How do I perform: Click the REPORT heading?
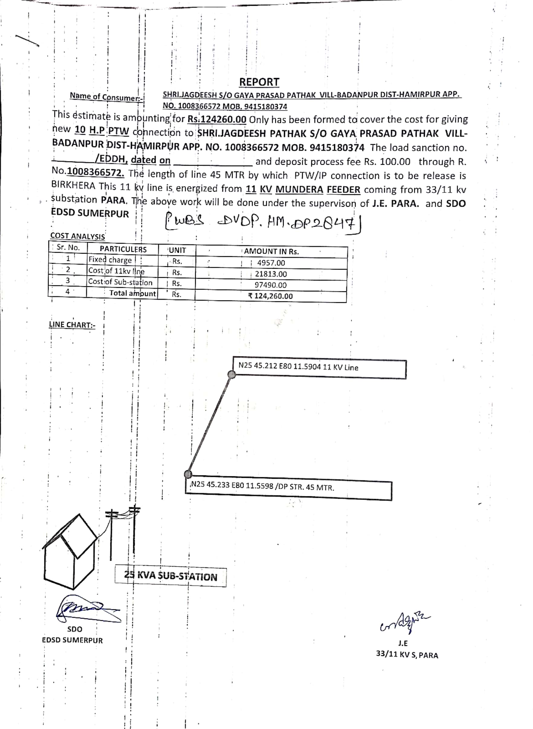click(x=259, y=82)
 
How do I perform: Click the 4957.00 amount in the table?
click(x=271, y=263)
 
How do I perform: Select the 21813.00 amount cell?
click(x=271, y=274)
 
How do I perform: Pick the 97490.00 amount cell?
click(x=270, y=285)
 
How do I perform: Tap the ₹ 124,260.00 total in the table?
click(x=270, y=296)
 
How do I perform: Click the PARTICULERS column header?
click(x=123, y=249)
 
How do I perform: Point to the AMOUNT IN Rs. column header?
click(x=271, y=251)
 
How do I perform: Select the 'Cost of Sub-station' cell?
click(x=120, y=282)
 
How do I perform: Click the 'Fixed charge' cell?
click(x=110, y=260)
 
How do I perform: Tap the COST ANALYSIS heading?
click(x=77, y=236)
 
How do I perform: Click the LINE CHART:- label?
click(x=72, y=325)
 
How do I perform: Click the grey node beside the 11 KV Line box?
click(x=231, y=374)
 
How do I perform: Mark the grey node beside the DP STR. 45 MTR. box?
click(x=188, y=474)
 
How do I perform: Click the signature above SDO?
click(x=87, y=610)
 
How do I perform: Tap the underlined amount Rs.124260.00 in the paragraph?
click(x=217, y=119)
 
